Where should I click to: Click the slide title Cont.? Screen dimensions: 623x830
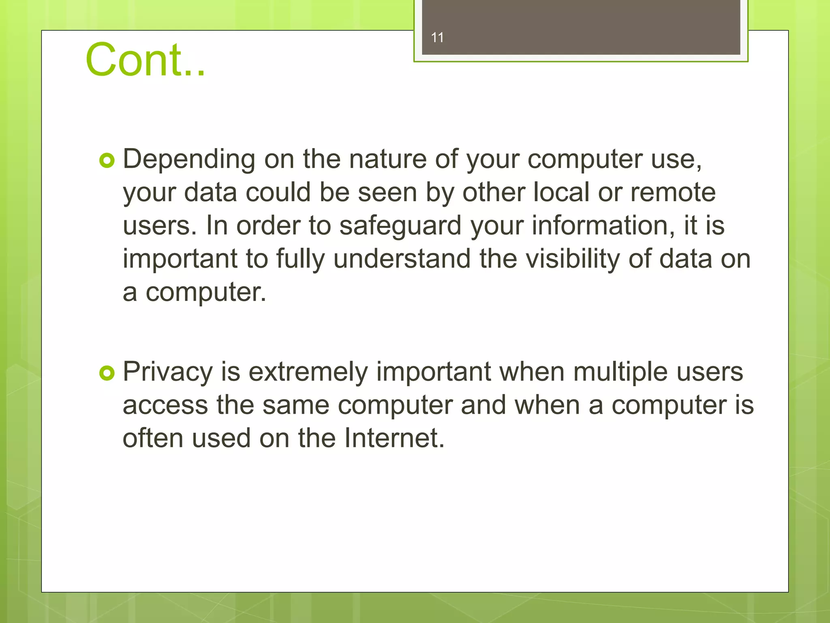pos(145,60)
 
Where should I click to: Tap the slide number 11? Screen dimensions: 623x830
pos(437,38)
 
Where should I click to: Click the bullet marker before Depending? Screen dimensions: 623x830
pos(107,161)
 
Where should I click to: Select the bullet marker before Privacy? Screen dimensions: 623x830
pos(107,373)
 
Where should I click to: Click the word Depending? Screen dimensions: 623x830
pos(189,159)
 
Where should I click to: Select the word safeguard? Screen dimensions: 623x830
pos(400,226)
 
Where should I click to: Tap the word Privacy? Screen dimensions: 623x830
pos(168,372)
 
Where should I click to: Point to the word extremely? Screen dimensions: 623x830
pos(308,372)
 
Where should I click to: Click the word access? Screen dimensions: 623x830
pos(165,405)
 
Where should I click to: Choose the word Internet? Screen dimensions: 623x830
pos(394,438)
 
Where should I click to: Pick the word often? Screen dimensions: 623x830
pos(153,438)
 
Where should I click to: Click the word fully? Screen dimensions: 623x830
pos(300,260)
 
